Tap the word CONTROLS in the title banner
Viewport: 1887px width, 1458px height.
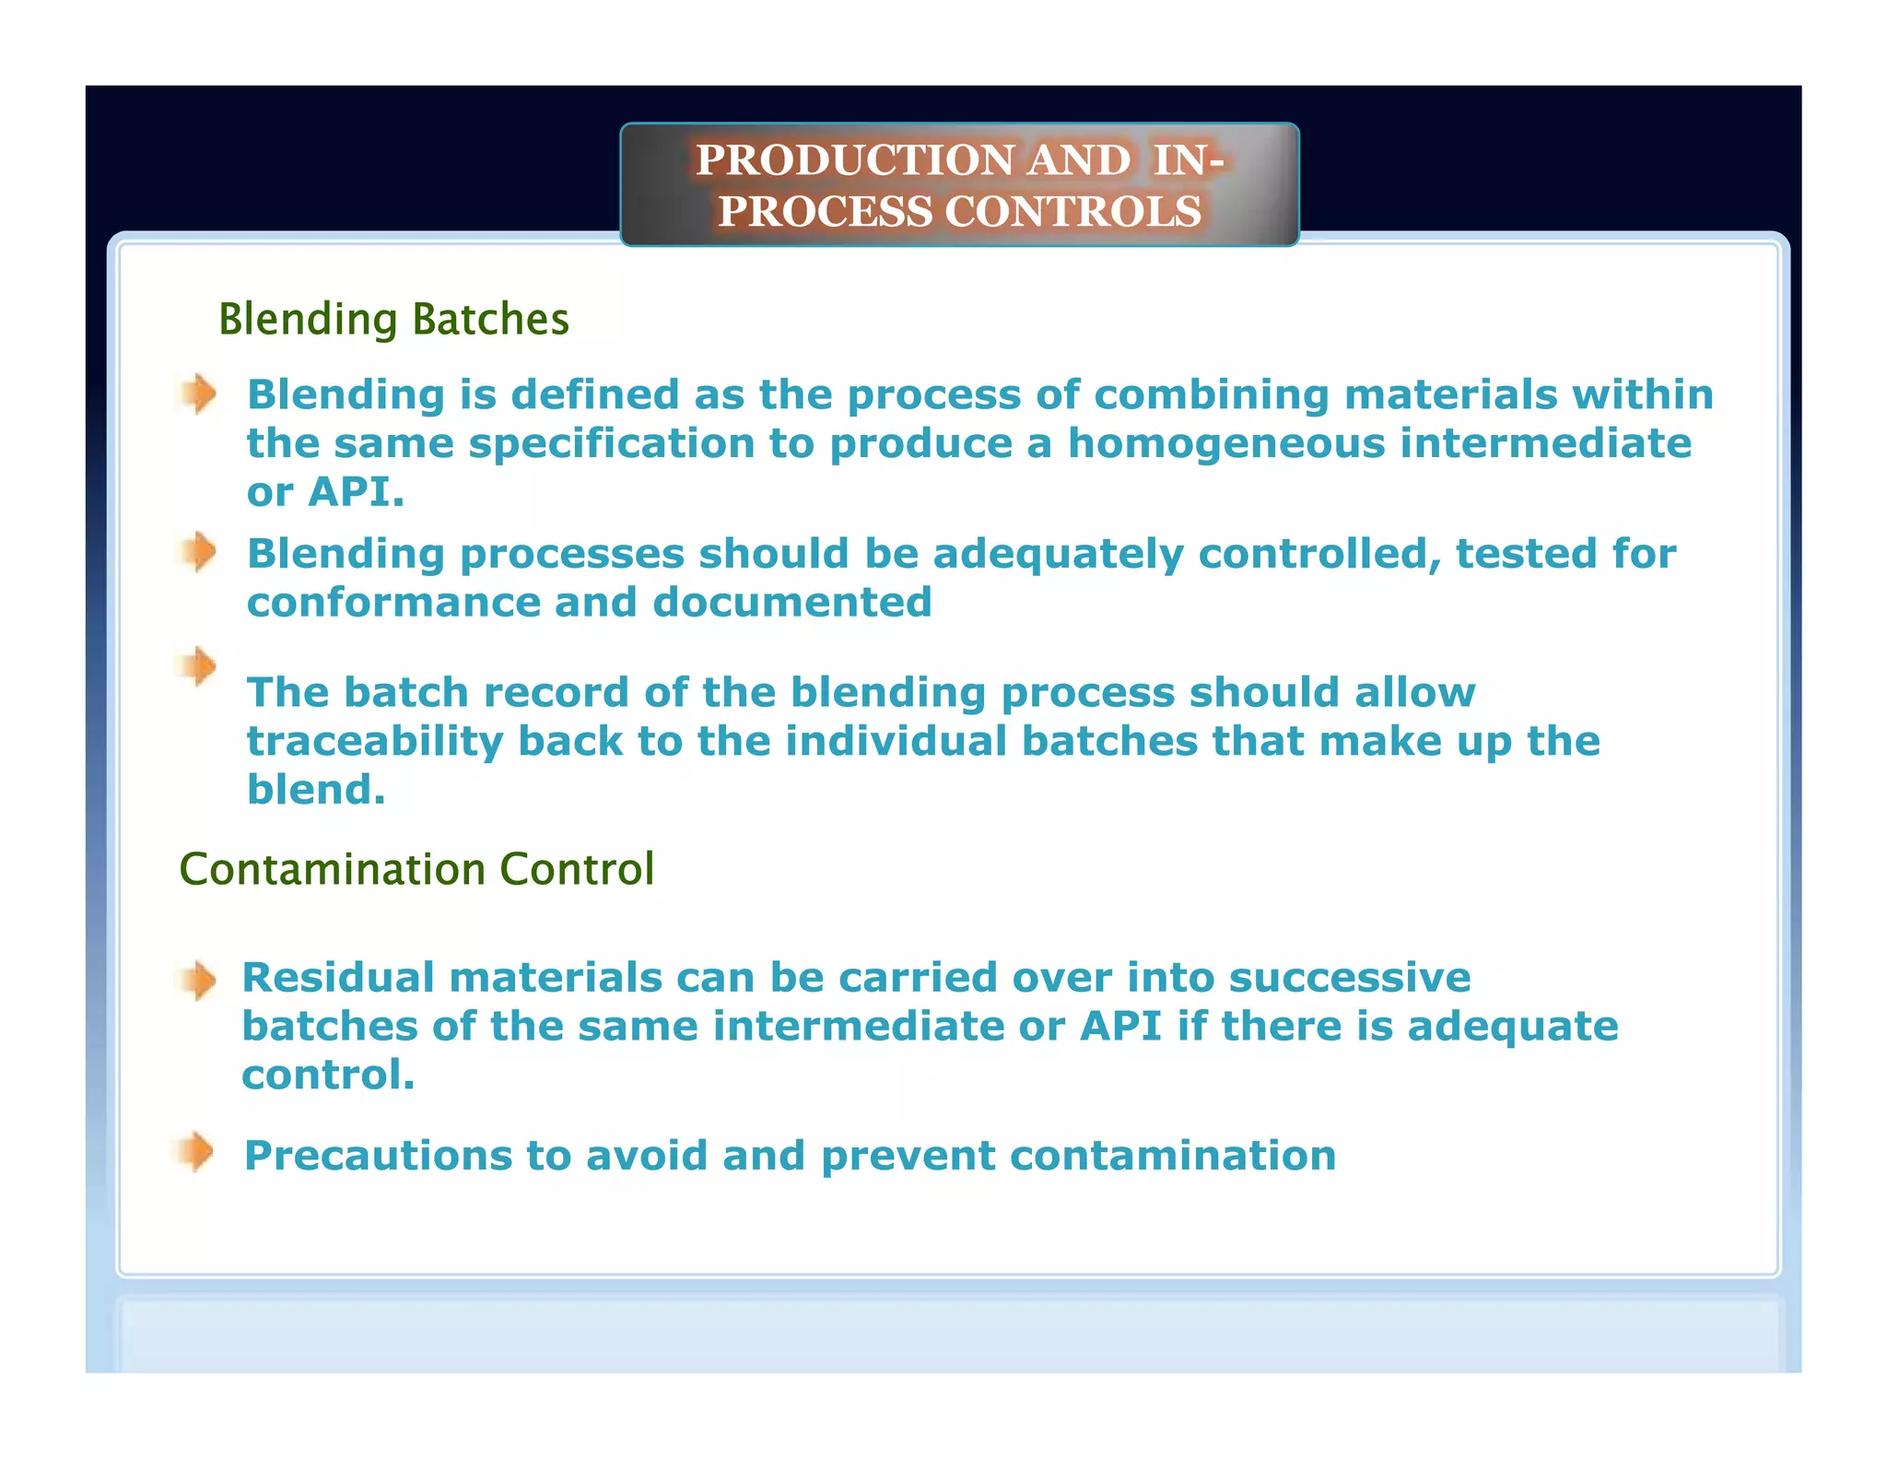(1072, 212)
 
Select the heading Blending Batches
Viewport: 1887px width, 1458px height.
(393, 320)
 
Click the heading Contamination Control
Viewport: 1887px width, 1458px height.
(416, 869)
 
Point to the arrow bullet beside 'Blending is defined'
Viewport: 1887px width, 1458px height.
(197, 394)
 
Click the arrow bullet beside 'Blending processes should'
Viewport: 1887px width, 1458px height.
(197, 552)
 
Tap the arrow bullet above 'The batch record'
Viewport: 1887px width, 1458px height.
(197, 665)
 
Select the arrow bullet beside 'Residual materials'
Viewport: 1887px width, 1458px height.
(197, 980)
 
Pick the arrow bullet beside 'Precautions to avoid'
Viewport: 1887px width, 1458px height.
(195, 1152)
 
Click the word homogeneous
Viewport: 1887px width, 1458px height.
(1226, 444)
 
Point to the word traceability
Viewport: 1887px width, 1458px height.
(375, 742)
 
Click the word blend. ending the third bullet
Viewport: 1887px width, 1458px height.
(316, 790)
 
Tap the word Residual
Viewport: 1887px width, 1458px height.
(337, 978)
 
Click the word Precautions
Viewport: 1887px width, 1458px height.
(378, 1156)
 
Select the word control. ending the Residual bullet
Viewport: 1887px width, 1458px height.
(328, 1076)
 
